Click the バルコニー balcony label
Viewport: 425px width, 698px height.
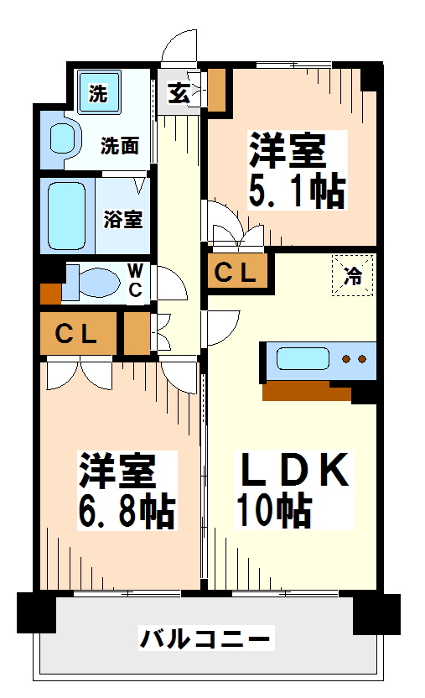click(205, 640)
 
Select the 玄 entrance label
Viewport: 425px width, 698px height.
click(178, 92)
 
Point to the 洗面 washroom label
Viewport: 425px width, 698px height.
click(120, 145)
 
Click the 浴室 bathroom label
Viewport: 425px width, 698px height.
click(123, 220)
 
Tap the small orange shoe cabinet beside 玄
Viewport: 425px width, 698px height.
click(217, 90)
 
